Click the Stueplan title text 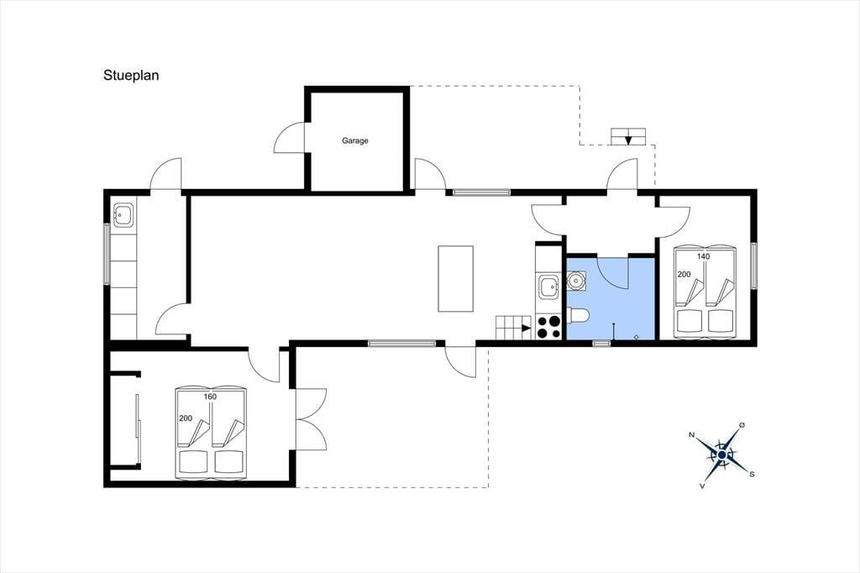(131, 76)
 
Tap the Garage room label (355, 140)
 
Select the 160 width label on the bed (210, 397)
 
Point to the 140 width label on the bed (703, 256)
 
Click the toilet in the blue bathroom (578, 316)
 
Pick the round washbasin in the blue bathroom (575, 281)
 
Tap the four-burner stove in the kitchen (548, 327)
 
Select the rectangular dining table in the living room (455, 278)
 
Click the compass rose (721, 455)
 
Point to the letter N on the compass (692, 435)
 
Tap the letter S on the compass (752, 474)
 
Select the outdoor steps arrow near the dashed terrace (628, 139)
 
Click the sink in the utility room (123, 214)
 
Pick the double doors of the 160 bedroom (311, 419)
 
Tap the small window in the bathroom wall (601, 344)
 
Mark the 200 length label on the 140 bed (684, 274)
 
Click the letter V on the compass (702, 486)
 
